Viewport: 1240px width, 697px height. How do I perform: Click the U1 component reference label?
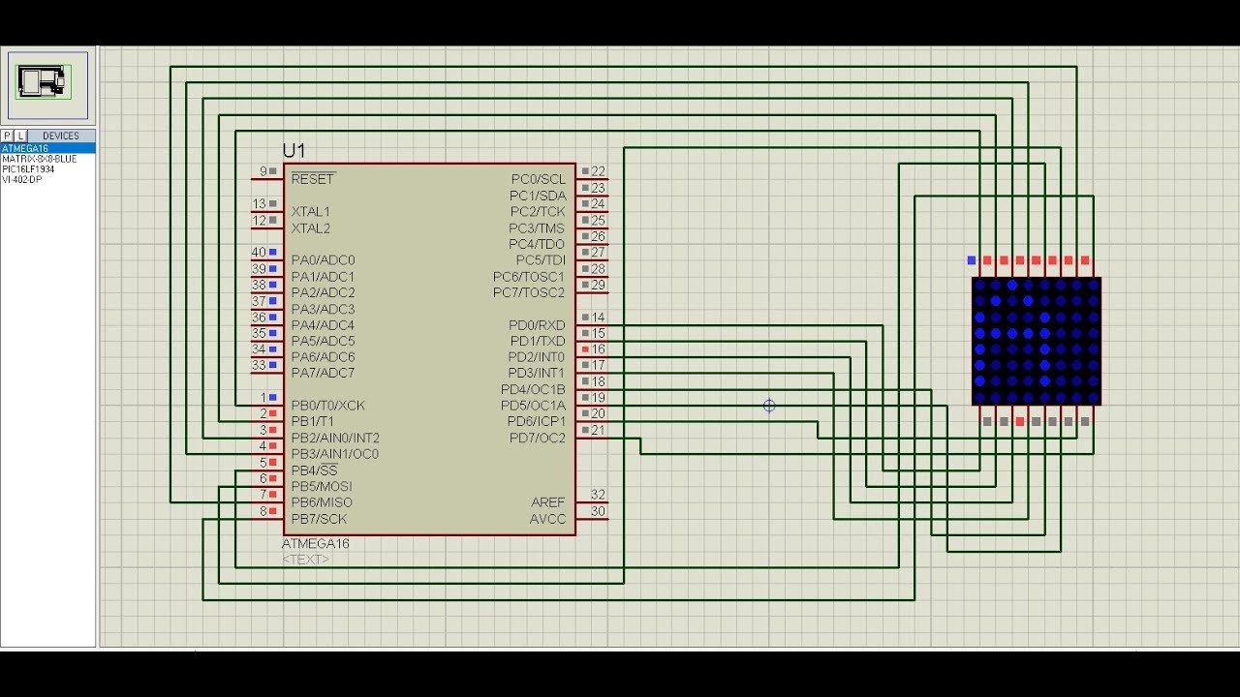tap(294, 151)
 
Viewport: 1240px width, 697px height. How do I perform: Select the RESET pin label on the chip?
tap(312, 179)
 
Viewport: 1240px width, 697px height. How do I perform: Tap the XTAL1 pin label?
tap(310, 211)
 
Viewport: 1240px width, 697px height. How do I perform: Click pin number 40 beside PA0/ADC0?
tap(259, 253)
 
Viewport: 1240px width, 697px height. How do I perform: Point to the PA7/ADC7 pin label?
tap(323, 373)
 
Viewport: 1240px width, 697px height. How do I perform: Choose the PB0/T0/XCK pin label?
tap(327, 406)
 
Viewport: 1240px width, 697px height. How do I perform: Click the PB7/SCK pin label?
tap(318, 519)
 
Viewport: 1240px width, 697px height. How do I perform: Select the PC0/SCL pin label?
tap(538, 179)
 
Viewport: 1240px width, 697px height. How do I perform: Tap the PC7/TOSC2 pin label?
tap(528, 292)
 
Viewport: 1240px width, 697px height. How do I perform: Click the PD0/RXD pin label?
tap(537, 325)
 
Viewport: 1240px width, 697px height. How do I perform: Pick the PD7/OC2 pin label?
tap(537, 439)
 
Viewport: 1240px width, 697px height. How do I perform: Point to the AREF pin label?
tap(547, 502)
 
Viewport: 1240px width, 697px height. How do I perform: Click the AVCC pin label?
tap(547, 519)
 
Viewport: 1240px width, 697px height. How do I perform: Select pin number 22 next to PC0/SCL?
tap(598, 171)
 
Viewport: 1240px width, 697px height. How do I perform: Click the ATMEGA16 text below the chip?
tap(316, 544)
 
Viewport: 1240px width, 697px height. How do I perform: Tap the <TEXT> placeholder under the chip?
tap(305, 560)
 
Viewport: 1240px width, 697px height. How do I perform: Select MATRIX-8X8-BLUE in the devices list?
tap(39, 159)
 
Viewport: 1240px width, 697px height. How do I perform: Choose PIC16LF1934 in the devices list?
tap(28, 169)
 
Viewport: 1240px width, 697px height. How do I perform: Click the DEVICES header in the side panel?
tap(61, 136)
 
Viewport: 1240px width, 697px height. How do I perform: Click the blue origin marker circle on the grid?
tap(769, 406)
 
